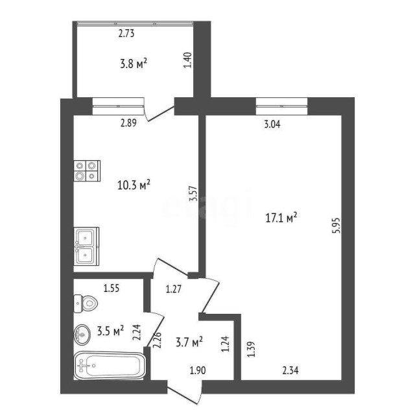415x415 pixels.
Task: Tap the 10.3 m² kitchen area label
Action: [134, 185]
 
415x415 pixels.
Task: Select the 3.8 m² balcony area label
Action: [134, 63]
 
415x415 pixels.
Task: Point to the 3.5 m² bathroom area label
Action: [110, 332]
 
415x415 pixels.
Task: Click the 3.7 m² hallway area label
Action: [189, 340]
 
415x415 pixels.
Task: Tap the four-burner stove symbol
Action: [87, 171]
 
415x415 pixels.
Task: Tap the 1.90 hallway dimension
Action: [198, 370]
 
